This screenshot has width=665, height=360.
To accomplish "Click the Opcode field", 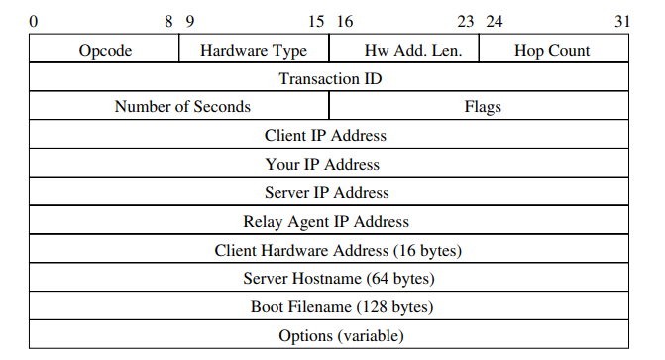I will (105, 50).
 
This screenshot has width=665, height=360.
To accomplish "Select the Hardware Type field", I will (254, 50).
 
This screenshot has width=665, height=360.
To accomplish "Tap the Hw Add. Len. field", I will (404, 50).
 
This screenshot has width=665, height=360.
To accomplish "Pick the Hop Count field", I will (552, 50).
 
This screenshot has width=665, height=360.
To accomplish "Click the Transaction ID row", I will (330, 78).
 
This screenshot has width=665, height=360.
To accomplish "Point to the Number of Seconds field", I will (182, 106).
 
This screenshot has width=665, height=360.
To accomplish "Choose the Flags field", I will (483, 106).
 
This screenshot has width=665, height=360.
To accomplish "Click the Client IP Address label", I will (325, 135).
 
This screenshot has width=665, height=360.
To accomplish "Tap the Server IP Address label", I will (327, 192).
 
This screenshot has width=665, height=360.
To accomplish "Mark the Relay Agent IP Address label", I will (326, 221).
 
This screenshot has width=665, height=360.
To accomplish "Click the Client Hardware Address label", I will (338, 250).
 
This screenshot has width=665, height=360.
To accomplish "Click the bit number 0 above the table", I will (34, 20).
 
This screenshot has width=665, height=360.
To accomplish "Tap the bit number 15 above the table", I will (316, 20).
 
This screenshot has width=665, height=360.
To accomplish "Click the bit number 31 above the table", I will (621, 20).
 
